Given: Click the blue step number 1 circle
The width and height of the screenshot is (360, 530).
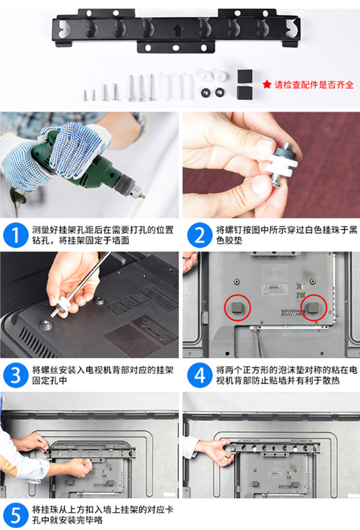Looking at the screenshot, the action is pyautogui.click(x=15, y=235).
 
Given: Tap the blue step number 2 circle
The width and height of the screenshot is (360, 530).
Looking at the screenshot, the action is pyautogui.click(x=200, y=235).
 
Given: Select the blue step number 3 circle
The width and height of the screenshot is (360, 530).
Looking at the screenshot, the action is pyautogui.click(x=15, y=375).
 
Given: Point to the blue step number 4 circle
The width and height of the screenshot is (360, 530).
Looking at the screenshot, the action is pyautogui.click(x=200, y=375).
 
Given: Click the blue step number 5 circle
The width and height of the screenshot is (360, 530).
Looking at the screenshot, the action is pyautogui.click(x=15, y=515).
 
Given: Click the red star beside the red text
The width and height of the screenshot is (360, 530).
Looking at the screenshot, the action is pyautogui.click(x=267, y=84).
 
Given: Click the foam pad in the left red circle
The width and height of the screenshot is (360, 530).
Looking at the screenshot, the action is pyautogui.click(x=237, y=307).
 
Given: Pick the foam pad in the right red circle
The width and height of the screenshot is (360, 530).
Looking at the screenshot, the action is pyautogui.click(x=314, y=307).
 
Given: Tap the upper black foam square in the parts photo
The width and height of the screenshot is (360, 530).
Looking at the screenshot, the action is pyautogui.click(x=245, y=77).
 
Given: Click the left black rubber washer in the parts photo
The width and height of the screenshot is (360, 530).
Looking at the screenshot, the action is pyautogui.click(x=205, y=92).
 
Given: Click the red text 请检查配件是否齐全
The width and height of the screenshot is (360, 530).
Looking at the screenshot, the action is pyautogui.click(x=314, y=84).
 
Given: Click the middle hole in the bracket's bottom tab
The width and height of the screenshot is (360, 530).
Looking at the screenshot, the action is pyautogui.click(x=176, y=48).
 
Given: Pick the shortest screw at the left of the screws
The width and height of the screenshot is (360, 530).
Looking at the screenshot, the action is pyautogui.click(x=85, y=95).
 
